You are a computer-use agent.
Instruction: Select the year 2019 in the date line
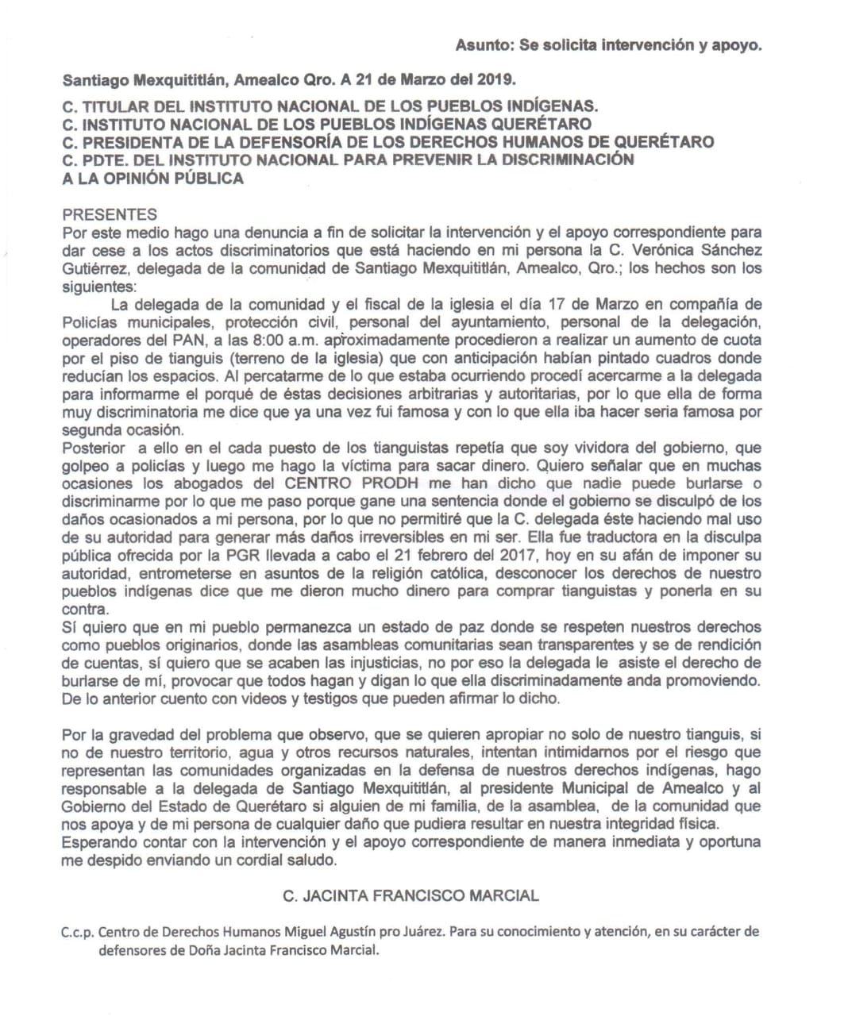tap(497, 80)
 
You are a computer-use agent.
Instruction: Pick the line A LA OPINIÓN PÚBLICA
tap(152, 178)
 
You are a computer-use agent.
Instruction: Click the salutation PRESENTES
tap(110, 214)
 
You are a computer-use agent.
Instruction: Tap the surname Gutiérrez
tap(93, 268)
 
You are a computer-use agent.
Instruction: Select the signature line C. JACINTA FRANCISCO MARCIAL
tap(411, 895)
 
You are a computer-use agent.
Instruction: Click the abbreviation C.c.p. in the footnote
tap(78, 932)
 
